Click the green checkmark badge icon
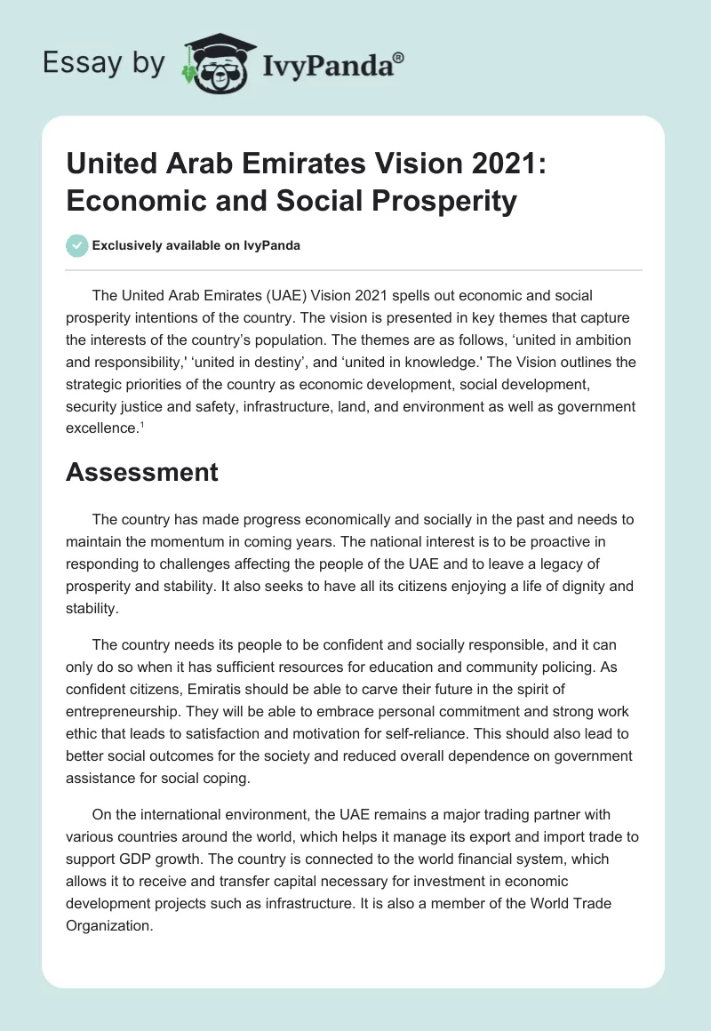click(x=77, y=245)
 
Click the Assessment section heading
click(x=142, y=472)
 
